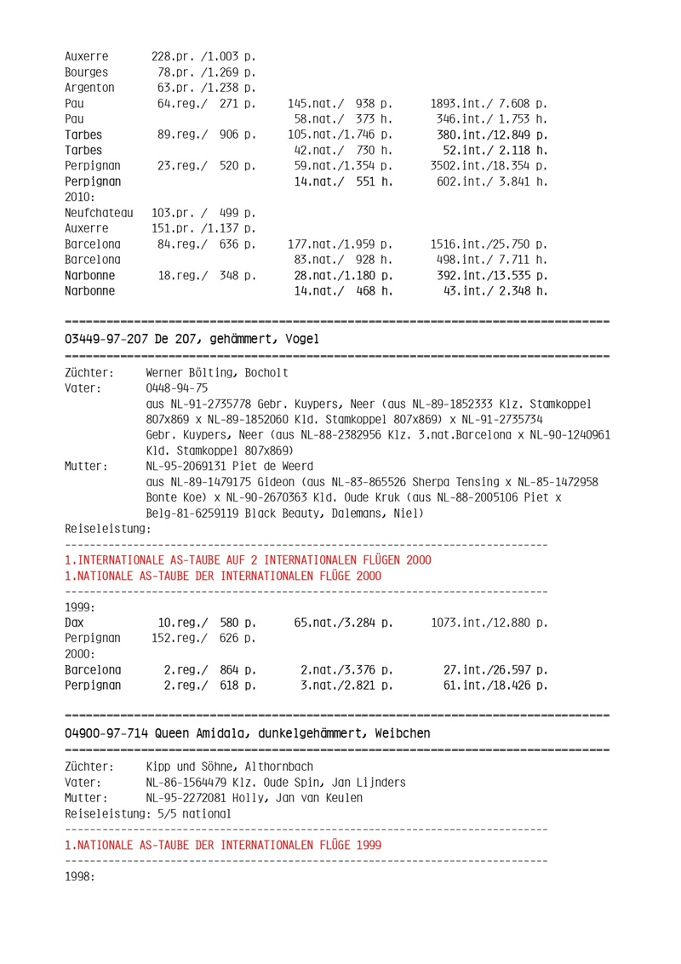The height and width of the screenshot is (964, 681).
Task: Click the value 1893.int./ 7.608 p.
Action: coord(489,103)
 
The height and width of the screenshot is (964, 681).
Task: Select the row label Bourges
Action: coord(86,72)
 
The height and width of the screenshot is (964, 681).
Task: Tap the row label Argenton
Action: coord(89,87)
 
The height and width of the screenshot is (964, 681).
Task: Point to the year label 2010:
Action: coord(79,197)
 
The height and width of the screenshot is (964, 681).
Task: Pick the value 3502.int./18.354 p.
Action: coord(489,165)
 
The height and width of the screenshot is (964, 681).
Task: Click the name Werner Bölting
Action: coord(193,373)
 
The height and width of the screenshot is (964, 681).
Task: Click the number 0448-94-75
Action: coord(177,388)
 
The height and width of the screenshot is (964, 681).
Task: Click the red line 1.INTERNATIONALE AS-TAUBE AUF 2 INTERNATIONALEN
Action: coord(248,559)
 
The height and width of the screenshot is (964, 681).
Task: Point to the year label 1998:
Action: coord(79,875)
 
